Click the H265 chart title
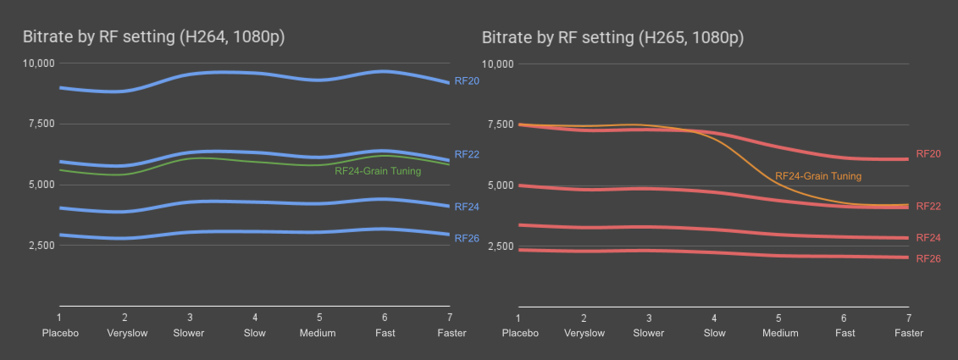coord(612,38)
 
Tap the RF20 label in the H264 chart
coord(467,81)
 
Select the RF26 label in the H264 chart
coord(467,238)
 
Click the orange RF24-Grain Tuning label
coord(818,176)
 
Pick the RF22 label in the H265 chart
coord(928,206)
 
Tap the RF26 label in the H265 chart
coord(928,258)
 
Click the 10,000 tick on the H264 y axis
coord(38,63)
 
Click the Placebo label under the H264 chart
coord(60,333)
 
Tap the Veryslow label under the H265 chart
coord(584,333)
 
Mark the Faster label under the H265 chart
coord(909,333)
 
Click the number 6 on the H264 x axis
coord(384,317)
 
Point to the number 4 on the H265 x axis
coord(714,318)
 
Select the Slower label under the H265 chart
coord(649,333)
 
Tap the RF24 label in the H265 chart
coord(928,238)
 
